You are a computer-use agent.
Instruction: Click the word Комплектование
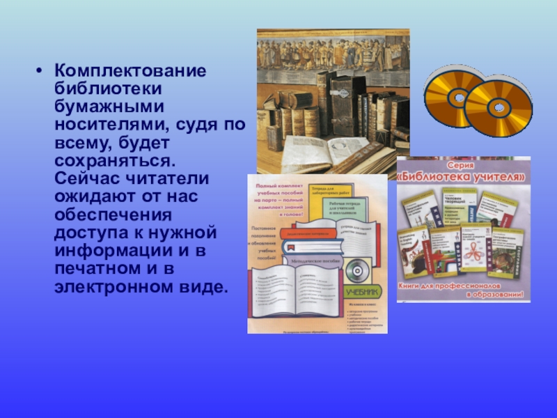pos(130,72)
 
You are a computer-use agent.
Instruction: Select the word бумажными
pos(109,107)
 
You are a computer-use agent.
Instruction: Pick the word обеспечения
pos(111,215)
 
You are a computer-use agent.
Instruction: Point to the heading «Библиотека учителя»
pos(462,178)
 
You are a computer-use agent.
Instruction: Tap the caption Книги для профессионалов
pos(462,286)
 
